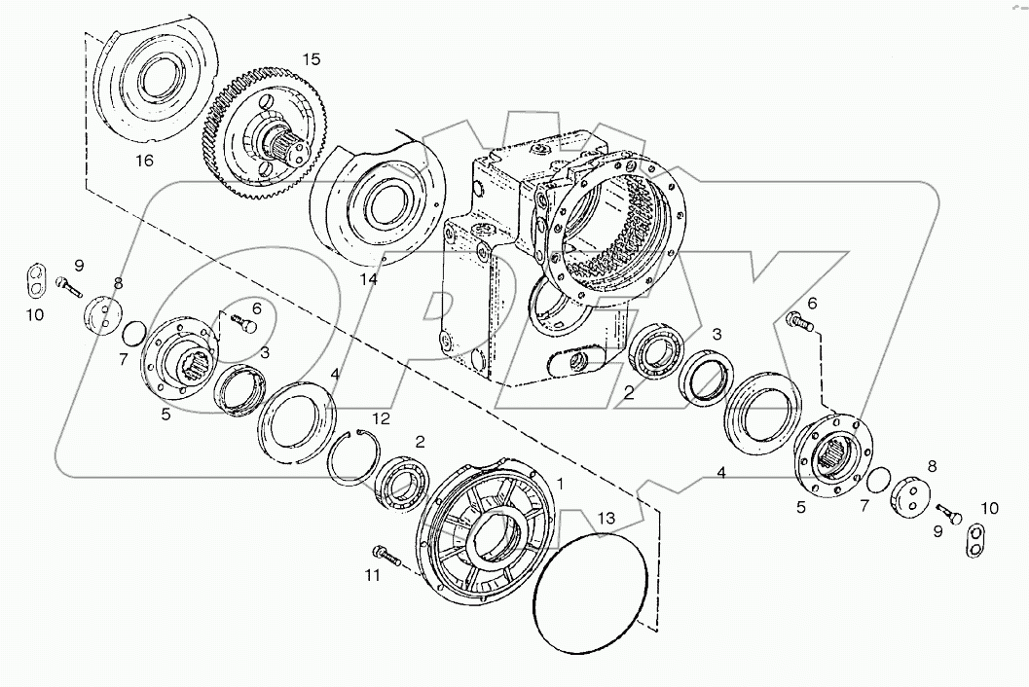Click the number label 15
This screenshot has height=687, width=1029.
tap(310, 59)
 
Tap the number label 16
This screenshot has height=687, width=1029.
tap(143, 161)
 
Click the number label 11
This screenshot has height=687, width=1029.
tap(372, 576)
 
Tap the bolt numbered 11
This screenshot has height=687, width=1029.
tap(388, 558)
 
